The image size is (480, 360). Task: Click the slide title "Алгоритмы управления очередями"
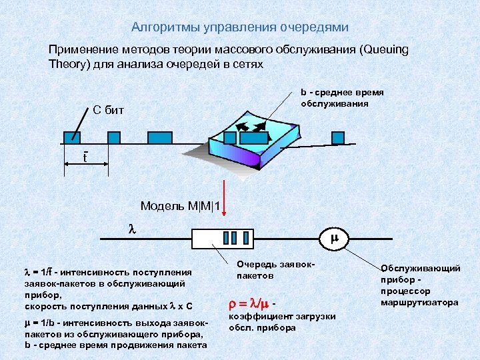coord(239,27)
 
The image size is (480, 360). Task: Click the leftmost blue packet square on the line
coord(72,137)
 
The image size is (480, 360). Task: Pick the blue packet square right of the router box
coord(338,137)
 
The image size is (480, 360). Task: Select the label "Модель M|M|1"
coord(180,205)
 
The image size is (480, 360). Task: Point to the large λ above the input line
coord(131,227)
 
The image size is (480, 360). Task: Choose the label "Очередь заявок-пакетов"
coord(266,269)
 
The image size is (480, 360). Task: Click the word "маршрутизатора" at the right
coord(419,302)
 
